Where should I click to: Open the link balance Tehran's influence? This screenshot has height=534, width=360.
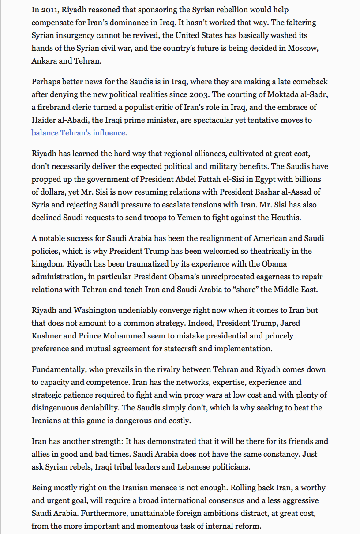(79, 133)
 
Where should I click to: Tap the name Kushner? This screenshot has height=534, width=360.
(48, 336)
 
